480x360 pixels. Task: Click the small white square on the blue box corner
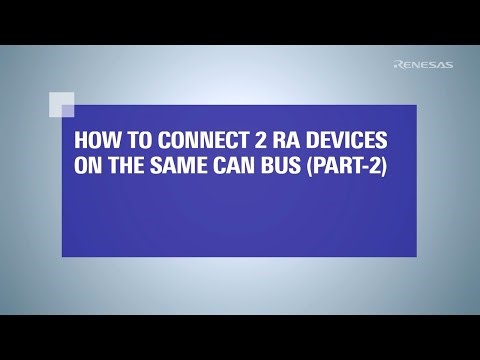(61, 104)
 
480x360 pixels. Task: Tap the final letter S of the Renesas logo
(448, 65)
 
